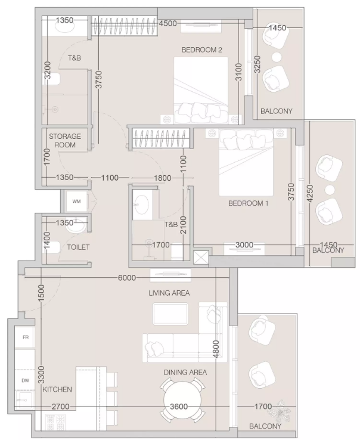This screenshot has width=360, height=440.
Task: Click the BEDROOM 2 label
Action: [x=201, y=50]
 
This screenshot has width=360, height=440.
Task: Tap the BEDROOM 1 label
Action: [x=248, y=203]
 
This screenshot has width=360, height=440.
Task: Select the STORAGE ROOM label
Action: [x=65, y=141]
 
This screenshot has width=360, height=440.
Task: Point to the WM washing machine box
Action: [x=77, y=201]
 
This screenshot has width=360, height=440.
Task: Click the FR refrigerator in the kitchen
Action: [x=25, y=337]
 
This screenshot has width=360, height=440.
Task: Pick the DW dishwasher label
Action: [x=25, y=380]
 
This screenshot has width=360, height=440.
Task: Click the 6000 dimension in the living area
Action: [x=127, y=278]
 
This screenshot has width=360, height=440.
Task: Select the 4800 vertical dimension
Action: [x=216, y=349]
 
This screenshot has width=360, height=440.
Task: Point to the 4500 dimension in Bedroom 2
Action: [x=168, y=23]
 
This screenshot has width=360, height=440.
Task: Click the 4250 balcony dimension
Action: [x=310, y=193]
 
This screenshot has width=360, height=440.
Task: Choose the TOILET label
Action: [x=78, y=247]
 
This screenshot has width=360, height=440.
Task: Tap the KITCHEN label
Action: [x=57, y=389]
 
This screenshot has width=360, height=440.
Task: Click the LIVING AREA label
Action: [x=169, y=293]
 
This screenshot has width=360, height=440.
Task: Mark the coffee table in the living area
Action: [x=170, y=314]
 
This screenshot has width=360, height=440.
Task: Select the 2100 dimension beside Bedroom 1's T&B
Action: [x=183, y=225]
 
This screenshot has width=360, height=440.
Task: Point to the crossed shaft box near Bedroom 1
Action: [x=201, y=258]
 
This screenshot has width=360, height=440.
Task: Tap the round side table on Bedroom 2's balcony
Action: [x=277, y=57]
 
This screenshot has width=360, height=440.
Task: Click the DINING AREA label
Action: [x=185, y=373]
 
